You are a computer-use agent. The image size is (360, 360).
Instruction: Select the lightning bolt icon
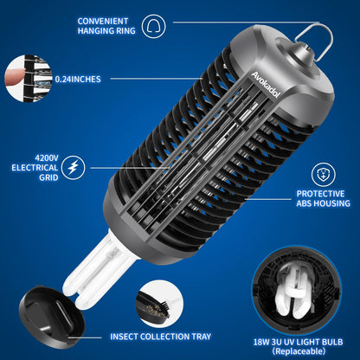coord(74,165)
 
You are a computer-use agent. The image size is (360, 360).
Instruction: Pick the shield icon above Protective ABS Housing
coord(323,170)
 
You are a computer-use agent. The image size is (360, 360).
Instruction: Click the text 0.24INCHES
coord(78,79)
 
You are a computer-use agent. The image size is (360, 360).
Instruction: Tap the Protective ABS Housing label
coord(323,200)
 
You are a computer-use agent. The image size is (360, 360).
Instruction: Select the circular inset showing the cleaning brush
coord(165,301)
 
